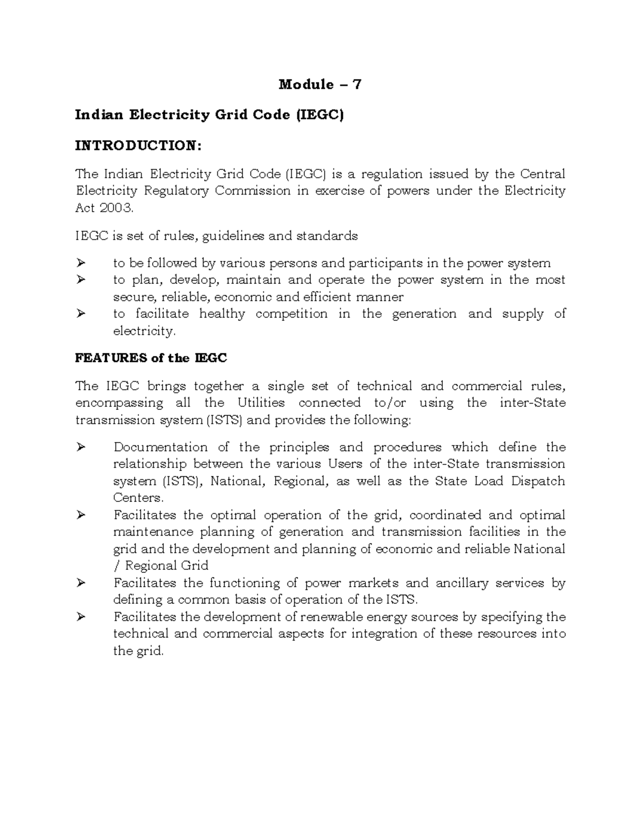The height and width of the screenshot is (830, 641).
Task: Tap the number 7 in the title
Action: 357,84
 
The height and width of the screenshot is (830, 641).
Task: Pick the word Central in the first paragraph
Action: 542,174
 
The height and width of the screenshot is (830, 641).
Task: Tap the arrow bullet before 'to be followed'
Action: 81,263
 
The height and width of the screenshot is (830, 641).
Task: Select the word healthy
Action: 222,314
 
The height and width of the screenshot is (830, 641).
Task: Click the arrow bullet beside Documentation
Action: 81,447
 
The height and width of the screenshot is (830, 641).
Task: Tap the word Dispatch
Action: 538,481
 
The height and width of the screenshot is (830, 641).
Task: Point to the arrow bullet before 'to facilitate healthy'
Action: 81,314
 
